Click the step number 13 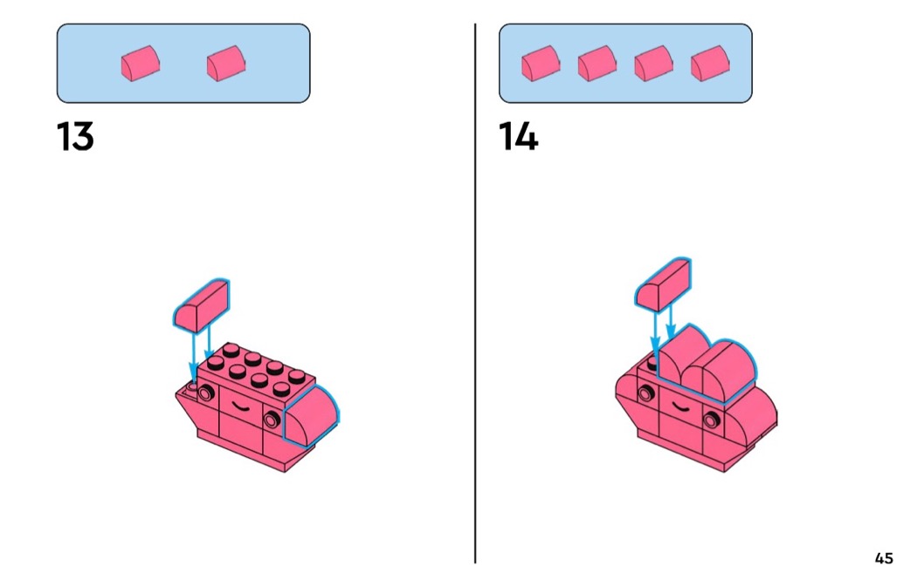[x=75, y=137]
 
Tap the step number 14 [x=518, y=137]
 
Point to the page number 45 [x=883, y=558]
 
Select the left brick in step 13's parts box [x=140, y=65]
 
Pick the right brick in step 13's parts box [x=225, y=64]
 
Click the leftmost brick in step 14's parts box [x=540, y=64]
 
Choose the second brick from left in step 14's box [x=596, y=64]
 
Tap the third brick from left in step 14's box [x=653, y=64]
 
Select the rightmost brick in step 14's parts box [x=709, y=64]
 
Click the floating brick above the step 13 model [x=202, y=305]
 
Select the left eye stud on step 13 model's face [x=205, y=394]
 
